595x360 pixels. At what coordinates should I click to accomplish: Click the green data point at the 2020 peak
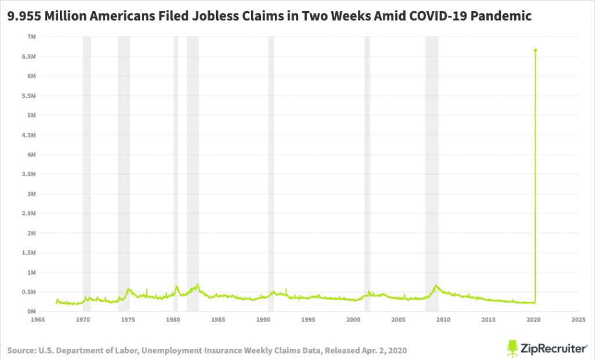pos(535,51)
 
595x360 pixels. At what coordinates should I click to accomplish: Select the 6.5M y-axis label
pos(26,57)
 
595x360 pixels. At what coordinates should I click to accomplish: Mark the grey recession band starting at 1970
pos(87,174)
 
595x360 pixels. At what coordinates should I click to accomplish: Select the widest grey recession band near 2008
pos(432,174)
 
